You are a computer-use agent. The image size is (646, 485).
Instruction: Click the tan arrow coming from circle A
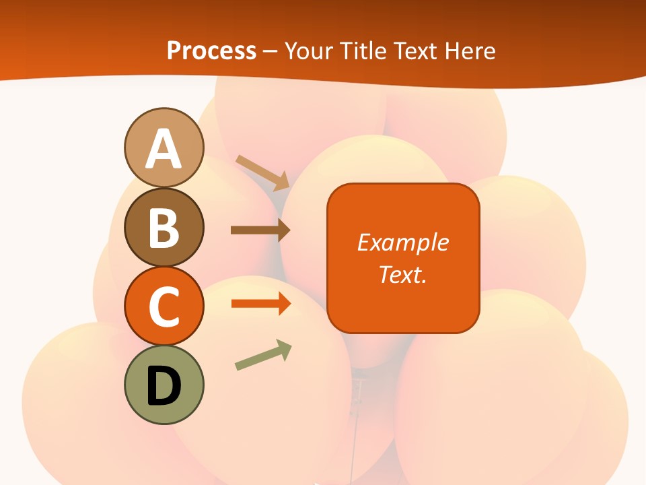[x=262, y=172]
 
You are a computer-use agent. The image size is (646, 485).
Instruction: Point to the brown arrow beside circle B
[x=260, y=230]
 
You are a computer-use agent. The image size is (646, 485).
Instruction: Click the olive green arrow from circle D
[x=263, y=356]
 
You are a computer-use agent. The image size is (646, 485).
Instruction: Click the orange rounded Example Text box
[x=403, y=258]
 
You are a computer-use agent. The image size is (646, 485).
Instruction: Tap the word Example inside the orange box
[x=403, y=242]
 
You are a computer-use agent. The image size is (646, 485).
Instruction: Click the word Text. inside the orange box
[x=403, y=274]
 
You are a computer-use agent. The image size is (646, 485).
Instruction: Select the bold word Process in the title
[x=211, y=51]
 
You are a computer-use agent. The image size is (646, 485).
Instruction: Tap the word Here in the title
[x=473, y=51]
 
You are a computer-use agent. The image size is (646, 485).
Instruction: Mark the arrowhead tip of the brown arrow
[x=289, y=230]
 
